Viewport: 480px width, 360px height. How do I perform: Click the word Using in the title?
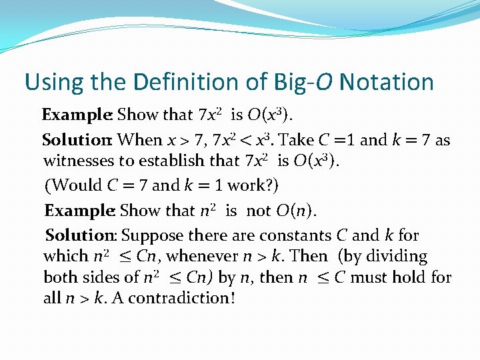[x=53, y=83]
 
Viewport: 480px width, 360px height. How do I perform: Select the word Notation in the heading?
[x=386, y=83]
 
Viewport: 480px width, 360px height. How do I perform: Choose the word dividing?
[x=393, y=256]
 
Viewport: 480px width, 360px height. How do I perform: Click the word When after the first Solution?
[x=140, y=140]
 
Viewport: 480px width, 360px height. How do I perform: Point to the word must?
[x=369, y=277]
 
